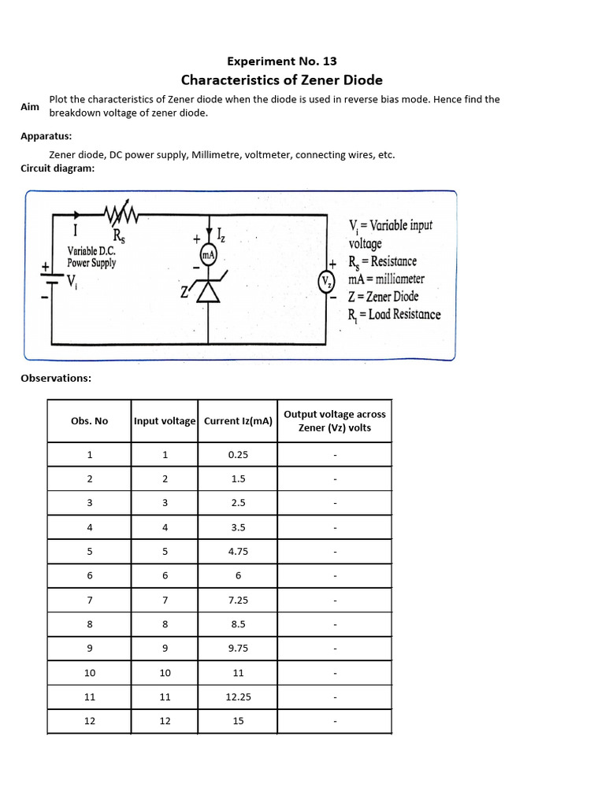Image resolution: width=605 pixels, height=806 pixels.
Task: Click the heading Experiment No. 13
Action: [282, 61]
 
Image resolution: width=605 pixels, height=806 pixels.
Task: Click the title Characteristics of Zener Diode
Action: [282, 79]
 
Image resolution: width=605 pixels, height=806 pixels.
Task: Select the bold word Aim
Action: [30, 106]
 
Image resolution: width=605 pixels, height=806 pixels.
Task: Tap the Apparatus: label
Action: [46, 136]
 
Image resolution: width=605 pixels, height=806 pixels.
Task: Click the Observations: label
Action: [56, 378]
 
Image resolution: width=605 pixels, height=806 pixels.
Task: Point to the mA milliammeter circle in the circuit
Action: [209, 255]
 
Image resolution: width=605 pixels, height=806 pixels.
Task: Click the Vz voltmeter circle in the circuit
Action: [326, 282]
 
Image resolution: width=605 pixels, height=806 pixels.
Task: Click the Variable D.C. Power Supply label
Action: [91, 257]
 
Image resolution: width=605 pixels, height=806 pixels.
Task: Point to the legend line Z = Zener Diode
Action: [384, 297]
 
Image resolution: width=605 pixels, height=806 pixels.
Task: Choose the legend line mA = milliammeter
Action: [386, 279]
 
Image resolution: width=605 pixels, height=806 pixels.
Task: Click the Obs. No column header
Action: [89, 421]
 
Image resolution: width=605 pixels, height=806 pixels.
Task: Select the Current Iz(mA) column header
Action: [238, 421]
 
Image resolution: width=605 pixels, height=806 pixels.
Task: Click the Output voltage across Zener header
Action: [335, 421]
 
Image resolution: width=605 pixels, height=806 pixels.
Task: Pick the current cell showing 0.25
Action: [238, 455]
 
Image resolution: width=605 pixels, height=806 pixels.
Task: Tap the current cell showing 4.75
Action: [238, 552]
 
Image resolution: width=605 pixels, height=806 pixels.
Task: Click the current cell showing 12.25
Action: [238, 697]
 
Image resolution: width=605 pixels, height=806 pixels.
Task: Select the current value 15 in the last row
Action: [238, 721]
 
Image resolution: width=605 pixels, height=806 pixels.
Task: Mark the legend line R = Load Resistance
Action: [395, 314]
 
